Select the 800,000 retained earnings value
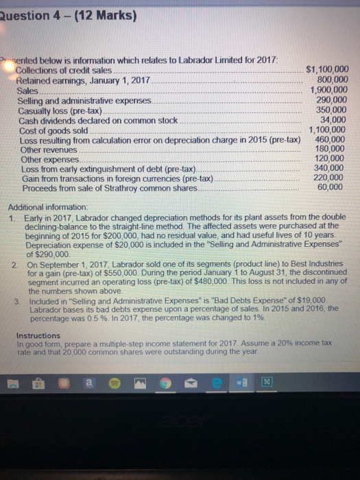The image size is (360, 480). click(x=333, y=80)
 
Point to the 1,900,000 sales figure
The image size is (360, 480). click(x=330, y=89)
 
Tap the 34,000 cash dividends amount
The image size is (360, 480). click(x=335, y=119)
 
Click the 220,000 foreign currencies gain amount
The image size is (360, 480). click(x=333, y=178)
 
